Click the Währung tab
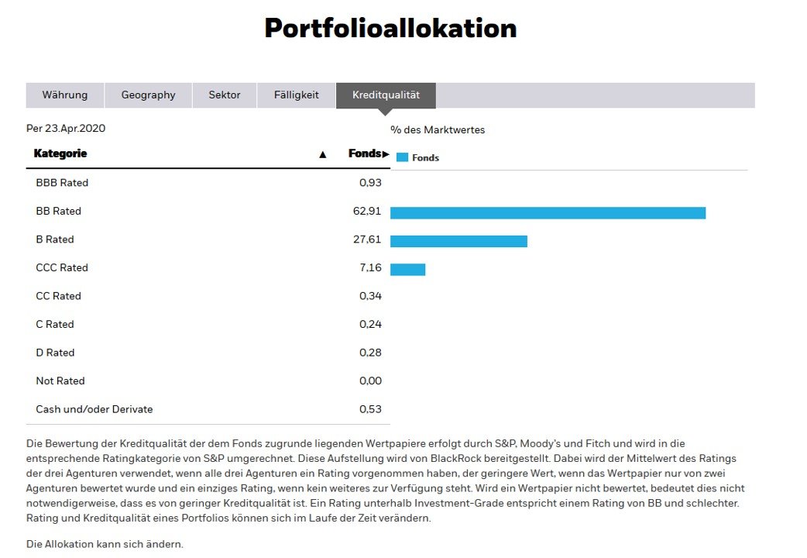65,95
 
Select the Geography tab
148,95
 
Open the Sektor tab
225,95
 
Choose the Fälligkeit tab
297,95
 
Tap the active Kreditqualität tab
386,95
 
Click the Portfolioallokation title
390,29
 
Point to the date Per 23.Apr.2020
66,129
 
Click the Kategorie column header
60,153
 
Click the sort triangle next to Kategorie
323,154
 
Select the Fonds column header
365,153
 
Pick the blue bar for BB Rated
548,213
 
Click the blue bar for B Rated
458,241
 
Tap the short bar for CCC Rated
407,270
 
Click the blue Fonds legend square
402,157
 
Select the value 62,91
367,211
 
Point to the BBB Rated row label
62,183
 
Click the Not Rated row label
60,381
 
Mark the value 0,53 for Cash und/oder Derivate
370,409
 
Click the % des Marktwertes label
438,130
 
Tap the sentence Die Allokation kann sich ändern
105,544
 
